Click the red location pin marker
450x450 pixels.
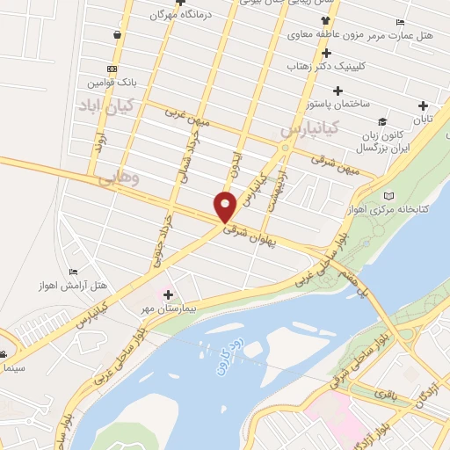click(227, 207)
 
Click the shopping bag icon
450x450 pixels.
click(117, 35)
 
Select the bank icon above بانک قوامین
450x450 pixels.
click(112, 69)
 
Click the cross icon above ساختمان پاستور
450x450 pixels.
click(337, 91)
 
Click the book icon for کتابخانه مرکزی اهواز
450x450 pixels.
click(390, 195)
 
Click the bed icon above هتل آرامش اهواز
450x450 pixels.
click(75, 272)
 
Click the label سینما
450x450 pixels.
click(14, 365)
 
